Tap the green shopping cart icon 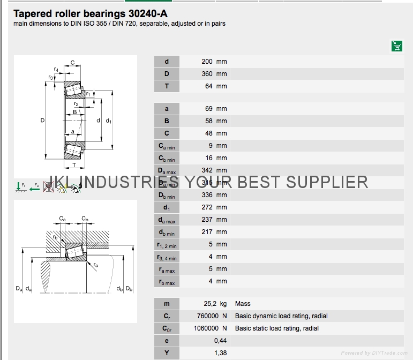pos(396,46)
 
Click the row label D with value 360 pos(167,74)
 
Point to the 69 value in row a pos(209,109)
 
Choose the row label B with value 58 pos(167,121)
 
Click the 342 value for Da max pos(207,170)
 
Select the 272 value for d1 pos(207,207)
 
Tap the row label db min pos(167,232)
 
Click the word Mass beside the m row pos(243,304)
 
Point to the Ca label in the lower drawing pos(62,219)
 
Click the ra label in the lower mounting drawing pos(95,265)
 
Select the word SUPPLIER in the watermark pos(327,182)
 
